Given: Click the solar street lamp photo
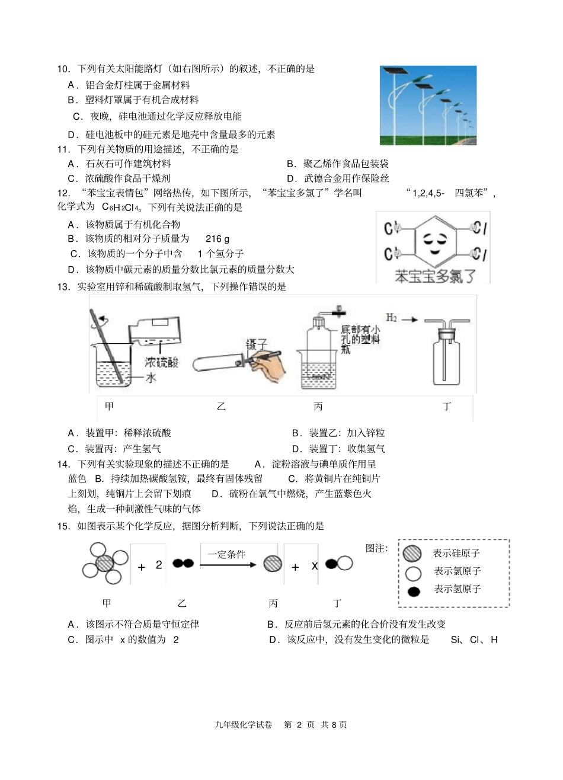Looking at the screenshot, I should tap(427, 105).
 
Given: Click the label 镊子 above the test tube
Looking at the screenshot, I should tap(257, 344).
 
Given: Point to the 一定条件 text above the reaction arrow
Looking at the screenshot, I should tap(226, 554).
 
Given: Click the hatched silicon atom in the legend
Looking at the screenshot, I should tap(412, 554).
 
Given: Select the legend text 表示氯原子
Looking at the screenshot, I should tap(457, 571).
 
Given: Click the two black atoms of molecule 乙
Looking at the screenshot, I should tap(183, 564).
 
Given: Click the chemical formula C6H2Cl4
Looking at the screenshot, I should tap(122, 207).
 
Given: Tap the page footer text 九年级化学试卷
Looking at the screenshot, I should tap(244, 724).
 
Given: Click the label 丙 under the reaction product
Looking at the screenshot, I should tap(273, 603).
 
